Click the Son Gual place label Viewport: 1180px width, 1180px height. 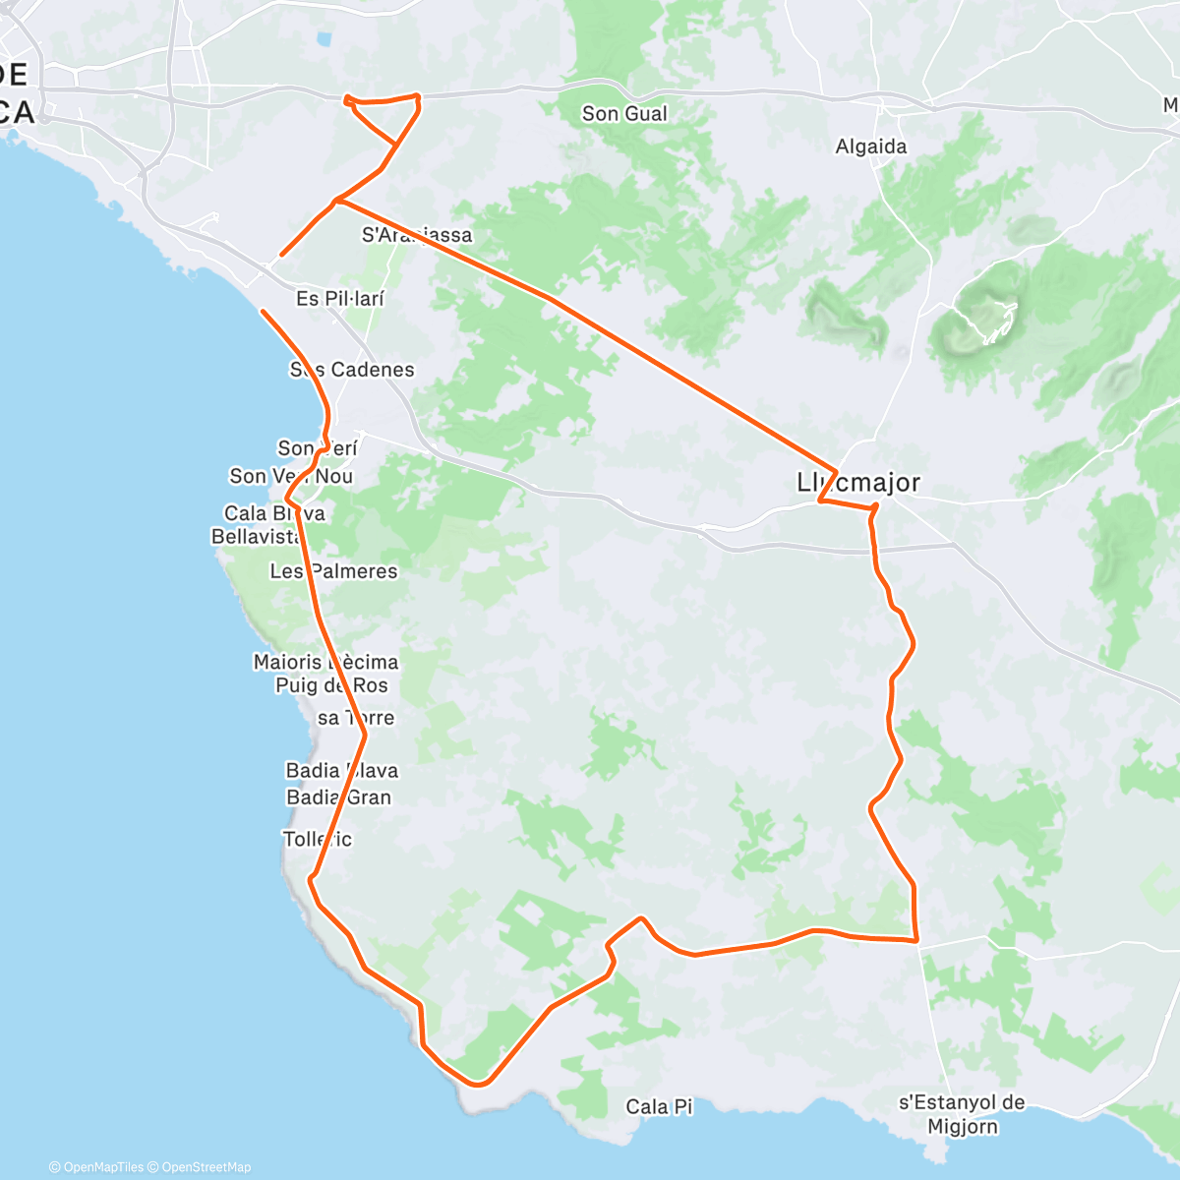pyautogui.click(x=624, y=114)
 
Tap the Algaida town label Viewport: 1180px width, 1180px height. pyautogui.click(x=871, y=147)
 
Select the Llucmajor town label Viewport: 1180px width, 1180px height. pyautogui.click(x=858, y=483)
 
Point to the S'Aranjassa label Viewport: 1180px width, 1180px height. pyautogui.click(x=417, y=235)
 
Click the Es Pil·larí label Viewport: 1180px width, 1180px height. pyautogui.click(x=340, y=298)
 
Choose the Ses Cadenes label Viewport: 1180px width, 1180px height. pyautogui.click(x=352, y=370)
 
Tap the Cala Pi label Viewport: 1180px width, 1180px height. pyautogui.click(x=659, y=1107)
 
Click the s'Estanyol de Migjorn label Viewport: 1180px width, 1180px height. pyautogui.click(x=963, y=1115)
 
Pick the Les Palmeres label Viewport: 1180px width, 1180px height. pyautogui.click(x=334, y=571)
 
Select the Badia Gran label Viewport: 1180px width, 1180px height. pyautogui.click(x=339, y=797)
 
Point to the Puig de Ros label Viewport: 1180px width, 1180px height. pyautogui.click(x=331, y=685)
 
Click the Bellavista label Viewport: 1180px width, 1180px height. pyautogui.click(x=256, y=537)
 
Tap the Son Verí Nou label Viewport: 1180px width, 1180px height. pyautogui.click(x=291, y=476)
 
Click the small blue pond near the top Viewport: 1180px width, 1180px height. pyautogui.click(x=324, y=41)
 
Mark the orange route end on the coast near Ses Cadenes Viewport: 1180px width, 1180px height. pyautogui.click(x=263, y=312)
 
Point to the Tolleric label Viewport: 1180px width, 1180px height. pyautogui.click(x=318, y=839)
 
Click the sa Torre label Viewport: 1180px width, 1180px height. pyautogui.click(x=356, y=718)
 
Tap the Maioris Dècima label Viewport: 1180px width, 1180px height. pyautogui.click(x=325, y=662)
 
